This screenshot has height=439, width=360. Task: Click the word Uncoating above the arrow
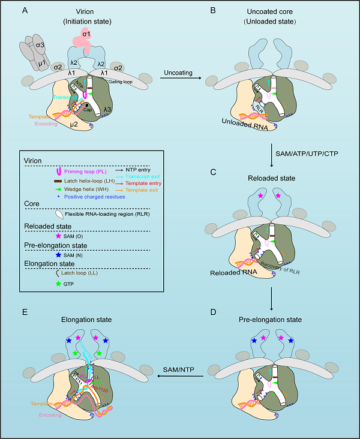(179, 73)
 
